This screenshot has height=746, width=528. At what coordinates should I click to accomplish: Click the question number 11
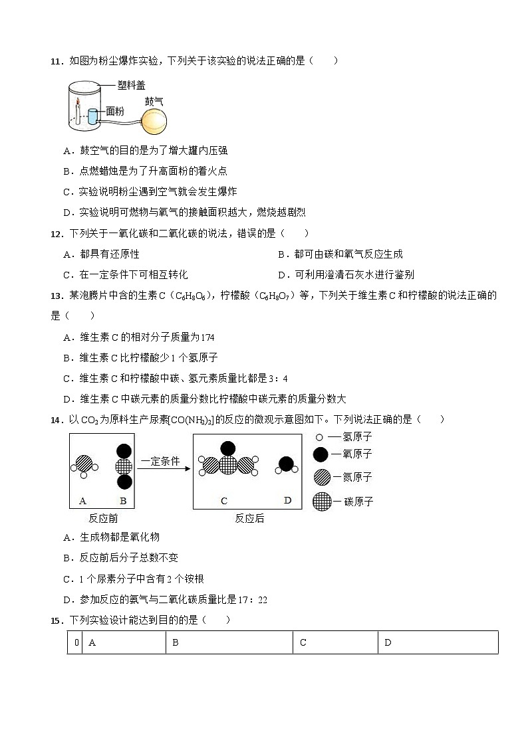56,61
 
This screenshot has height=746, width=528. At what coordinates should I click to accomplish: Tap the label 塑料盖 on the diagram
131,85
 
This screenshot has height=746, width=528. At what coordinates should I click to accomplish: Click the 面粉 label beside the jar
114,111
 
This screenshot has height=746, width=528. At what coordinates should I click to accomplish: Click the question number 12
56,234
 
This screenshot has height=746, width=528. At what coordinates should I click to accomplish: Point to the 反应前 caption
103,518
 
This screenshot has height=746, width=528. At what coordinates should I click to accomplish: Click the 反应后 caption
249,518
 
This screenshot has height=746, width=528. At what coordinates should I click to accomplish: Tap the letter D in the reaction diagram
287,500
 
